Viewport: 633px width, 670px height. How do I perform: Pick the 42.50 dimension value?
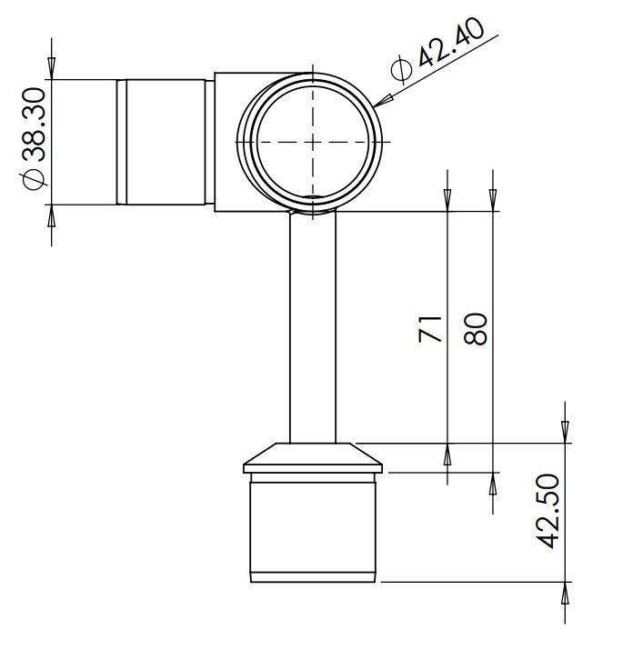click(x=548, y=512)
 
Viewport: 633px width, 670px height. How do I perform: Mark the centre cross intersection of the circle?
click(x=312, y=142)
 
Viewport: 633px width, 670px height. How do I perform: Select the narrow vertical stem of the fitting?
click(x=313, y=327)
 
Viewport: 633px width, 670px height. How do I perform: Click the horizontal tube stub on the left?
click(x=164, y=143)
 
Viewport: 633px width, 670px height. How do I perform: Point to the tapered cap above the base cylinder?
click(x=313, y=456)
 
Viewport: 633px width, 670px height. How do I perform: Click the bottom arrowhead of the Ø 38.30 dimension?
click(x=51, y=215)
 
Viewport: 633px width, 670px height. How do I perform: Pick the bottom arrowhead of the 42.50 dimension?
click(x=565, y=592)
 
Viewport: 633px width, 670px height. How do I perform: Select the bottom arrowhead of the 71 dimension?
click(x=447, y=454)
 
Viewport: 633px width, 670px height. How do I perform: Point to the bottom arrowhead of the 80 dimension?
click(x=492, y=483)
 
